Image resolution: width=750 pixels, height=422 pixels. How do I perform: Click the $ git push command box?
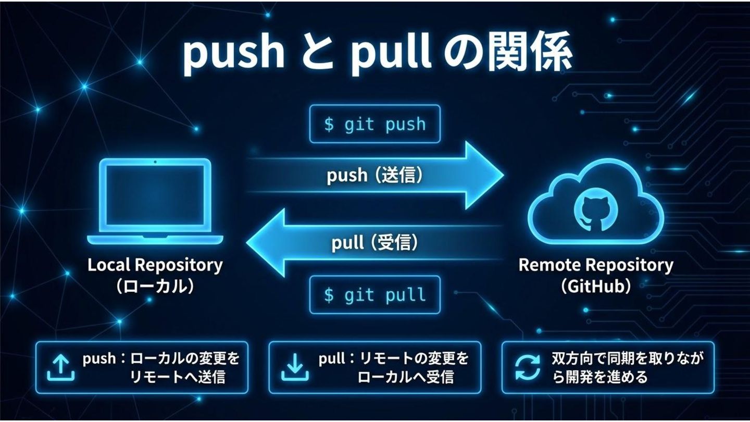(374, 125)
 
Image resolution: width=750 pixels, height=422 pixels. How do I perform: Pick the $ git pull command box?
(374, 295)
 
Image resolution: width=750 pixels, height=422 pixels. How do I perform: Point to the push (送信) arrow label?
(374, 176)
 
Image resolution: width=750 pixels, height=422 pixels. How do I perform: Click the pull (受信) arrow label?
(374, 243)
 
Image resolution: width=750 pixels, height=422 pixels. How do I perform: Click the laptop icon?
(155, 202)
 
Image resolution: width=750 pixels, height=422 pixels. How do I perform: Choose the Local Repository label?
(155, 265)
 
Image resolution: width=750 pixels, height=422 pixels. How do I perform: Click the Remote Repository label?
(595, 265)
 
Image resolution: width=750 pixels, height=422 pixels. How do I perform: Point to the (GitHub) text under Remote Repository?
(595, 286)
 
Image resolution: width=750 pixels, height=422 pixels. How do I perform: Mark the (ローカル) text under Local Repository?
(155, 286)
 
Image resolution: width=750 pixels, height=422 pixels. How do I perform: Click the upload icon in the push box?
(60, 367)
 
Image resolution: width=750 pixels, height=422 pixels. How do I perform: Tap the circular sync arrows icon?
(528, 367)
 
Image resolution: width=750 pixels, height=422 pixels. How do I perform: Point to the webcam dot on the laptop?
(155, 162)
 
